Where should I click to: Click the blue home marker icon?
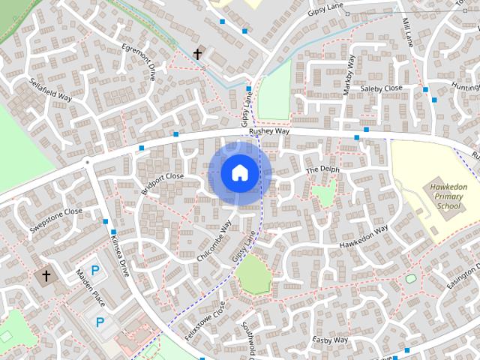point(239,173)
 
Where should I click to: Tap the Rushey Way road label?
point(269,130)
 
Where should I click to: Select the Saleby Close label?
point(381,88)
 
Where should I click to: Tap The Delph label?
point(323,170)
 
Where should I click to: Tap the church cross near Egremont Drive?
point(198,54)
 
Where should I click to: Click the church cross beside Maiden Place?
point(46,276)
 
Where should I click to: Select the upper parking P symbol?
point(95,270)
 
